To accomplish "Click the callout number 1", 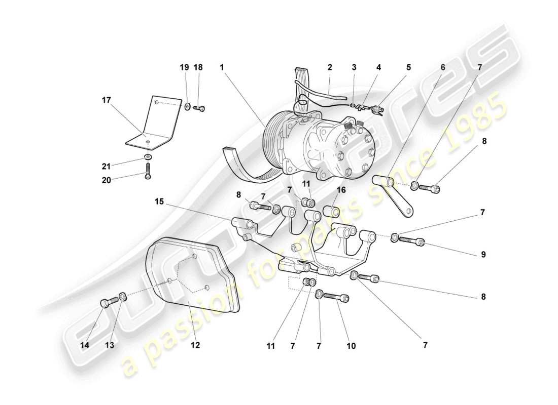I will (222, 67).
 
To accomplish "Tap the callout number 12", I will (195, 345).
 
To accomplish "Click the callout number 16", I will (341, 190).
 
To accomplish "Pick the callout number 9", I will (483, 255).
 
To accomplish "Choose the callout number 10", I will (351, 346).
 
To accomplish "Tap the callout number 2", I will (330, 67).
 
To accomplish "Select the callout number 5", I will (408, 67).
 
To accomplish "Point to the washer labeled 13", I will (123, 297).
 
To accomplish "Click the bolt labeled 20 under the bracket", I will (147, 170).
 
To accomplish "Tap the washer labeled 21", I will (147, 157).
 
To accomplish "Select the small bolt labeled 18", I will (199, 107).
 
